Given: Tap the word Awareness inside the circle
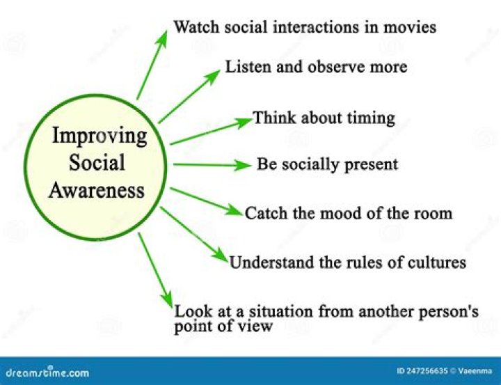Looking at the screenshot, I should (97, 190).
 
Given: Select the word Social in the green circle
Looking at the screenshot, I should (97, 162).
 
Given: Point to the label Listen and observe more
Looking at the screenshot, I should (316, 67).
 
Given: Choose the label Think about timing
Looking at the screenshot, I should (324, 117).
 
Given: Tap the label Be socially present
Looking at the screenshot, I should (327, 164).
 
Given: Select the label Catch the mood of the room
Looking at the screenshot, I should (348, 212).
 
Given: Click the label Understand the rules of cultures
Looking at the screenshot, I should (347, 262).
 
